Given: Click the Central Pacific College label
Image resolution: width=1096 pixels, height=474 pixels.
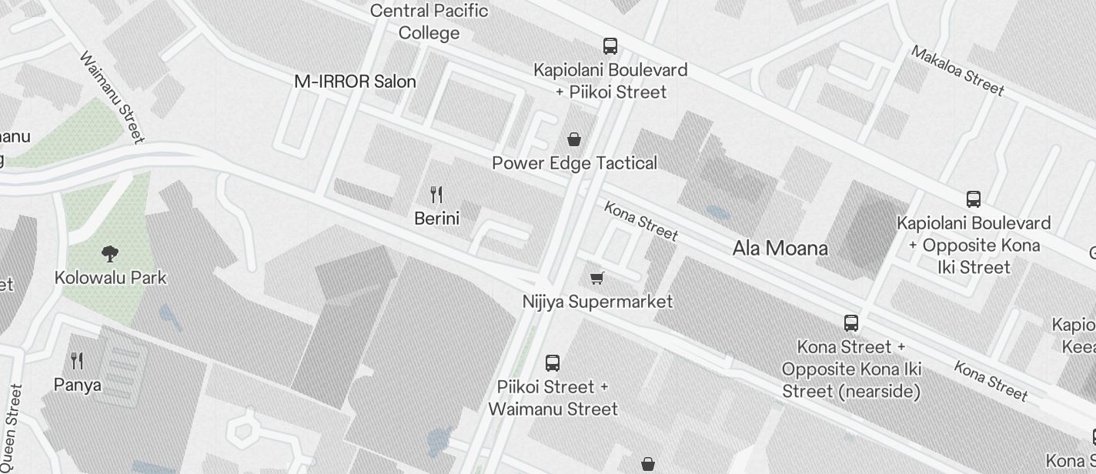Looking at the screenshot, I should [429, 22].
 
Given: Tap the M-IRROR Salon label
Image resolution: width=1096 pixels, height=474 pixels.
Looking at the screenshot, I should [355, 82].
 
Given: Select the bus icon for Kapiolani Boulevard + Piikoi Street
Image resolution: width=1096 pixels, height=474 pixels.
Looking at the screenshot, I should [610, 46].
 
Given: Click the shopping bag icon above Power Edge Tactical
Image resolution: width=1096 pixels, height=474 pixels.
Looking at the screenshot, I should [573, 139].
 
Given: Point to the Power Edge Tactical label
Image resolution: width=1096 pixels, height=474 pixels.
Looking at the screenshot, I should [574, 163].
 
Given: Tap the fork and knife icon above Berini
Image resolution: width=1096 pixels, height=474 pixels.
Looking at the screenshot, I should [436, 195].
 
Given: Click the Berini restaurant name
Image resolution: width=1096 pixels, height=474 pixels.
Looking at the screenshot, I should [436, 219].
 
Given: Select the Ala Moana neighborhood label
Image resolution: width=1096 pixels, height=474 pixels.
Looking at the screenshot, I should [780, 249].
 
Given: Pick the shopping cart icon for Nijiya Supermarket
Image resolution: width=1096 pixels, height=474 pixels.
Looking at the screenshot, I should [596, 278].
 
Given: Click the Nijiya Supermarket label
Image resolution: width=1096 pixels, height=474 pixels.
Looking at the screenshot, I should [597, 302].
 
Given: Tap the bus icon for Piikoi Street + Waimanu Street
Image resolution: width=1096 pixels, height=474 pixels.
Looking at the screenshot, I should [553, 363].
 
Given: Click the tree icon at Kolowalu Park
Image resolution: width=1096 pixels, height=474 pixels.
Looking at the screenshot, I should [110, 253].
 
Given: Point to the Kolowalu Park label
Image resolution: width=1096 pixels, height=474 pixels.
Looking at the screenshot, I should [110, 278].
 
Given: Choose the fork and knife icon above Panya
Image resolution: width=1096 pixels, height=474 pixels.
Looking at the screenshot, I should [77, 360].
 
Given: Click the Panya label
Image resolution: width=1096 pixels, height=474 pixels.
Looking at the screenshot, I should [77, 384].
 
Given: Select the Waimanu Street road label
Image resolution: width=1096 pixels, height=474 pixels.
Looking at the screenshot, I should [112, 98].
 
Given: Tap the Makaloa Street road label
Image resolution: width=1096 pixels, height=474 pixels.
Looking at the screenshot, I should [957, 71].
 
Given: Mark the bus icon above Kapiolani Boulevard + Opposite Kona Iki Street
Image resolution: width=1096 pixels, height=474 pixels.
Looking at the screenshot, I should [974, 199].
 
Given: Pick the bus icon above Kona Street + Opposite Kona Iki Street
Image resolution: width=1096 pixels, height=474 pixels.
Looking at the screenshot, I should [851, 323].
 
